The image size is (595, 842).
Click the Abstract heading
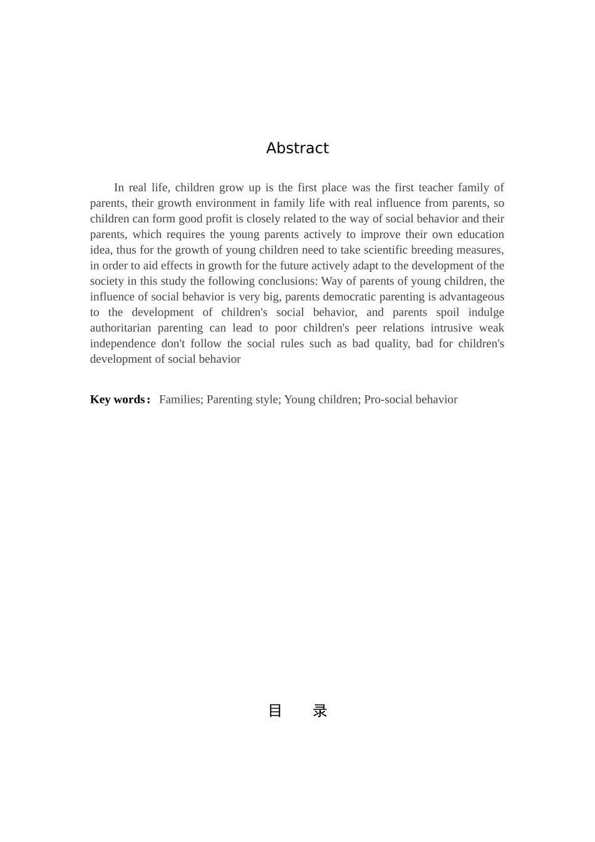(297, 148)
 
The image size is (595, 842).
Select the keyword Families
(180, 400)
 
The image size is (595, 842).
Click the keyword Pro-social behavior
(410, 400)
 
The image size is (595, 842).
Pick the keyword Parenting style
(243, 400)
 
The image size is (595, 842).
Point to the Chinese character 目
(275, 711)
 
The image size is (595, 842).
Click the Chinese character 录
(320, 711)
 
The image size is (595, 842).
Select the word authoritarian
(120, 328)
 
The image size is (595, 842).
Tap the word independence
(123, 344)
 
